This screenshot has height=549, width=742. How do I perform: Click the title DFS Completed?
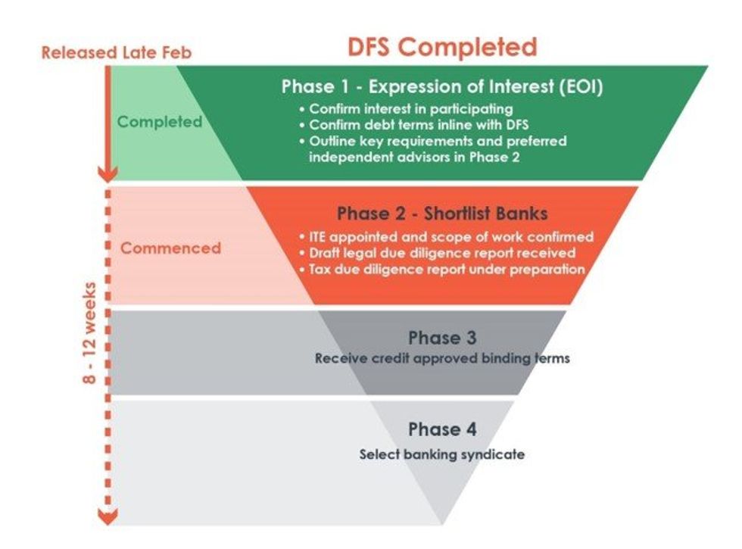[442, 46]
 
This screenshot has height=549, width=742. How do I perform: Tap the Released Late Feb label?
[117, 53]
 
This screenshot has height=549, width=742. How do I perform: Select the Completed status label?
[160, 121]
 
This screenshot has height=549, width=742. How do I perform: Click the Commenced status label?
[171, 248]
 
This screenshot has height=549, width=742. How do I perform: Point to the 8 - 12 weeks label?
[90, 333]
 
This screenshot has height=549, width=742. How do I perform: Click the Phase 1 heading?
[442, 86]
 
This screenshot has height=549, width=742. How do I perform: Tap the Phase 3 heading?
[442, 337]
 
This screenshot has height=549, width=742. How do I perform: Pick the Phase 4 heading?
[442, 429]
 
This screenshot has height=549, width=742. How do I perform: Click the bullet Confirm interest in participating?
[410, 109]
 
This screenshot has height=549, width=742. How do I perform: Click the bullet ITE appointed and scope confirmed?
[451, 236]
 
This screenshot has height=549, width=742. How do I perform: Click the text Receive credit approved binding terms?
[442, 357]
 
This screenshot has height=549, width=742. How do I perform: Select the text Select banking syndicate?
[442, 454]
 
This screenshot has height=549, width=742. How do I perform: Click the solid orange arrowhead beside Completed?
[108, 174]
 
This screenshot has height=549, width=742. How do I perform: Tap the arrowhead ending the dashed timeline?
[108, 517]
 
